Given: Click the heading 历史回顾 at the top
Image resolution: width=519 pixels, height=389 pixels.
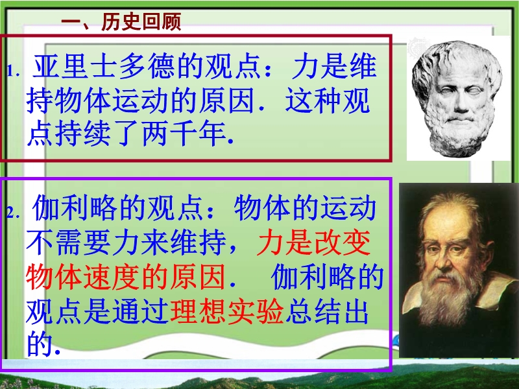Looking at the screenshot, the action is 141,22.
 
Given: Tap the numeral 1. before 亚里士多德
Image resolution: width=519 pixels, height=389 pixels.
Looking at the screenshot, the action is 13,71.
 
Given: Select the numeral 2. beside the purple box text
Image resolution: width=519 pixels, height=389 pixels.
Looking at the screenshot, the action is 13,213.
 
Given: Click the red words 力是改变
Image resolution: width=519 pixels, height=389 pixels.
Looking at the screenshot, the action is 313,242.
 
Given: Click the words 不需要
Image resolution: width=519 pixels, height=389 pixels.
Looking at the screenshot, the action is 68,242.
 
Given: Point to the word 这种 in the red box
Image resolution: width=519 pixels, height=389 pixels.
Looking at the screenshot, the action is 313,100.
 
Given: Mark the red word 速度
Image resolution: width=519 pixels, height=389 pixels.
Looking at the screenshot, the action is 111,277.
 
